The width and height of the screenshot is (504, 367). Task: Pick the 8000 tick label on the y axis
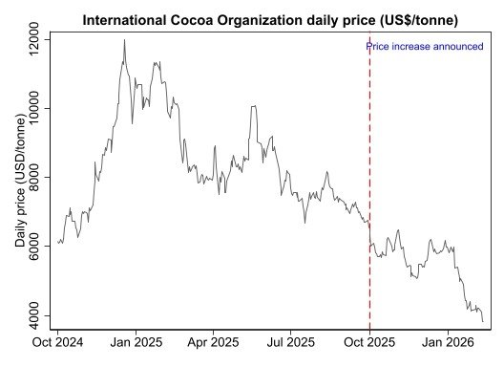click(x=34, y=178)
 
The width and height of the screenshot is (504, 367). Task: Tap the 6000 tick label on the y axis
click(x=34, y=247)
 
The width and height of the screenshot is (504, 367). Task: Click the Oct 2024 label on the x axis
click(x=58, y=342)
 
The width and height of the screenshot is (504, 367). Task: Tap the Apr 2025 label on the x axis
click(x=212, y=342)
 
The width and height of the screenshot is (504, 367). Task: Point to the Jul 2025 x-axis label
click(x=289, y=342)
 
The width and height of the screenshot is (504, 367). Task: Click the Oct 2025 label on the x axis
click(x=368, y=342)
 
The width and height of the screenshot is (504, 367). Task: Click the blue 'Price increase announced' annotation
click(x=424, y=46)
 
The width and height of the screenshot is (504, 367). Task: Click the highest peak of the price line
click(x=124, y=40)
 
